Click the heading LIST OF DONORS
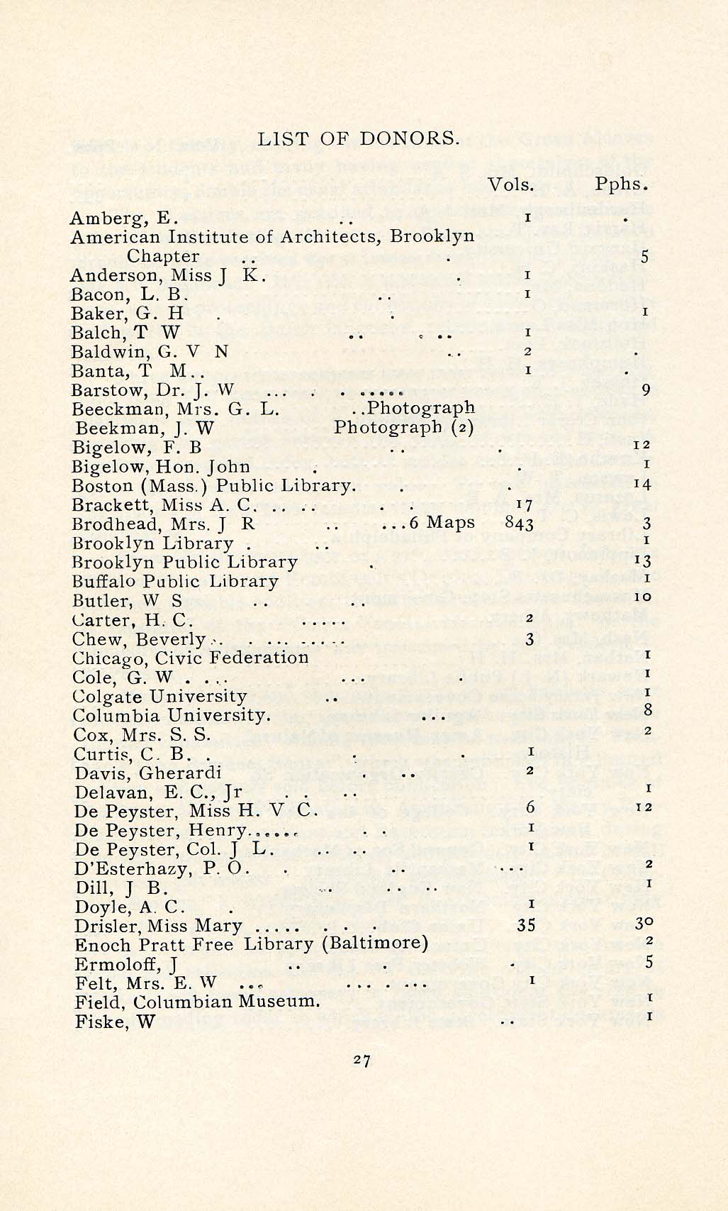click(x=359, y=138)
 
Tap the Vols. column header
click(x=511, y=184)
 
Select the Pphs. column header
click(x=622, y=184)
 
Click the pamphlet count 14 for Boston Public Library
click(x=642, y=486)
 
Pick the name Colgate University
click(x=159, y=696)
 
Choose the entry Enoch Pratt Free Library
click(x=252, y=945)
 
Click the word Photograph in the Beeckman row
click(x=421, y=408)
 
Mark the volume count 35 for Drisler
click(x=526, y=926)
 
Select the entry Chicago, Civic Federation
click(x=191, y=658)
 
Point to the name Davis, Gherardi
click(x=148, y=773)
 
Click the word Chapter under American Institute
click(x=163, y=256)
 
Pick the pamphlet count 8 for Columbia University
click(x=647, y=709)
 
